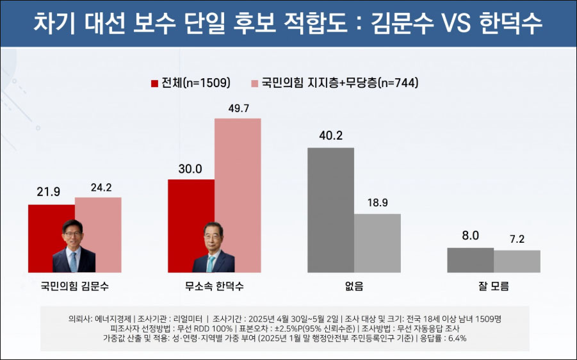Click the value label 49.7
coord(238,109)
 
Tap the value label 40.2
coord(330,137)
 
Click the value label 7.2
coord(517,239)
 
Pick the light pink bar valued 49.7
coord(238,195)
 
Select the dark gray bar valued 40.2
coord(330,210)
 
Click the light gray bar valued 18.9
coord(377,243)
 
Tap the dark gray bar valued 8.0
coord(470,260)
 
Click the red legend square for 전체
coord(154,83)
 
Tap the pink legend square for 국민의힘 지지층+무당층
coord(254,83)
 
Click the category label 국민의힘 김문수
coord(74,287)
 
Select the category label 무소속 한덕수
coord(214,287)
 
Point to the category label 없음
coord(354,287)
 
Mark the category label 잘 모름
coord(493,287)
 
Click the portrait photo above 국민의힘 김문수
coord(74,246)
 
